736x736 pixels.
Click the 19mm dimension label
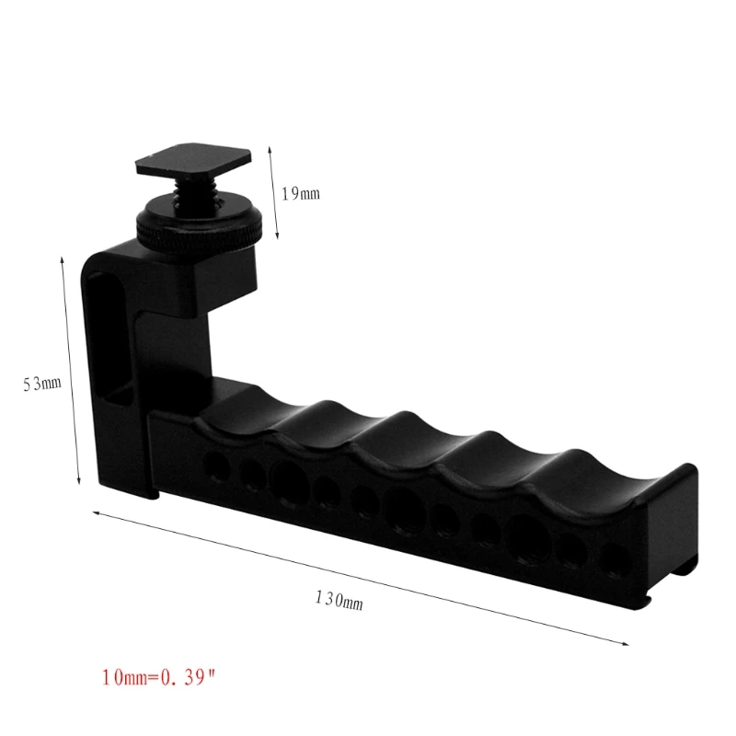[300, 193]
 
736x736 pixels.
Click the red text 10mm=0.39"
[161, 679]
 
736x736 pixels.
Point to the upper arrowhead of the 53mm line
[63, 261]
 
